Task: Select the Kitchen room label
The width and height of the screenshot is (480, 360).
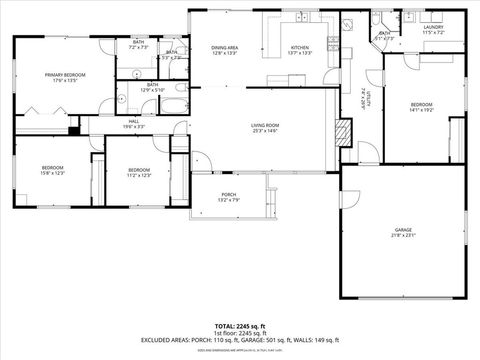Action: (300, 50)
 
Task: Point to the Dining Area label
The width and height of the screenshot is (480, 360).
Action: (224, 50)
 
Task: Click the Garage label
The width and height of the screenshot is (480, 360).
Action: (402, 233)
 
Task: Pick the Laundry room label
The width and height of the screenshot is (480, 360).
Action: (433, 29)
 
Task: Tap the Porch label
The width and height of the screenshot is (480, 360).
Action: (229, 197)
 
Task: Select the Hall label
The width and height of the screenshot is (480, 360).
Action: (133, 124)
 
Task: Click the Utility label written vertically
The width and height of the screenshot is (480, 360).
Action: (367, 99)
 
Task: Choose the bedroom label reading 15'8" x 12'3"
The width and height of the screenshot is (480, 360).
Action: (52, 170)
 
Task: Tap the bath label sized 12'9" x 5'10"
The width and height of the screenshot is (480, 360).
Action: (153, 88)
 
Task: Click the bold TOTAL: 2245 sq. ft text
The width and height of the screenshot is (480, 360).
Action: (239, 326)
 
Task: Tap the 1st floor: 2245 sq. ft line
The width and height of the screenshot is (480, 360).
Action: (239, 333)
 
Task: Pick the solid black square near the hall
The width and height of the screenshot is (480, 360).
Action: (74, 127)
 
